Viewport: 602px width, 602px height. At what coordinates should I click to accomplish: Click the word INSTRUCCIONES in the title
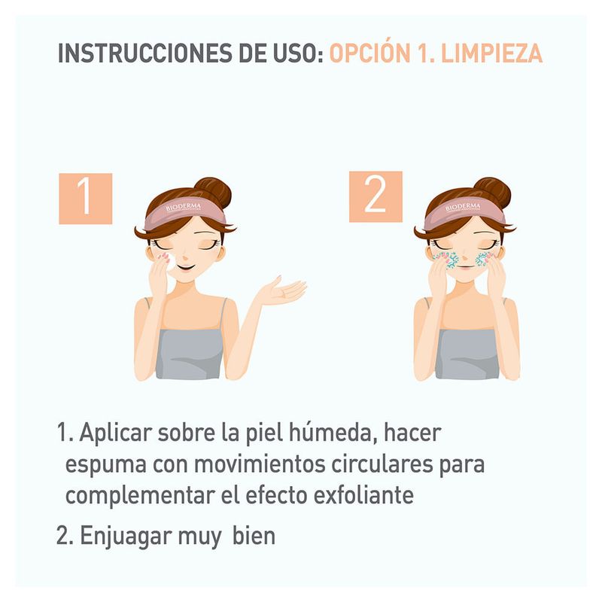(x=144, y=53)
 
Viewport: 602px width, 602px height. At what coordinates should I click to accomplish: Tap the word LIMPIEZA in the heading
(x=492, y=53)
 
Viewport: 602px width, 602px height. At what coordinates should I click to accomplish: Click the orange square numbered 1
(x=86, y=199)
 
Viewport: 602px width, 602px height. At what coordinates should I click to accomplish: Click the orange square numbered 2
(x=375, y=196)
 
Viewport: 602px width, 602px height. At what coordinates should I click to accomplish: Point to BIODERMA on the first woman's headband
(x=184, y=208)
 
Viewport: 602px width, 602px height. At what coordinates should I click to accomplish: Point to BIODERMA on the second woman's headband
(x=463, y=208)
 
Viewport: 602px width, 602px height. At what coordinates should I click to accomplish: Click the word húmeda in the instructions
(x=333, y=432)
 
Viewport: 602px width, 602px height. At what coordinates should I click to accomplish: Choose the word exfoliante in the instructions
(x=364, y=494)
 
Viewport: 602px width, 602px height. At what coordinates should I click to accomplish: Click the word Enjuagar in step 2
(x=126, y=537)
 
